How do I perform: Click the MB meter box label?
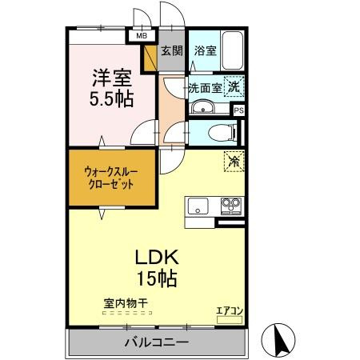point(142,36)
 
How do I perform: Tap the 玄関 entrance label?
point(172,50)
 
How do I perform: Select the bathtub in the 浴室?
point(233,50)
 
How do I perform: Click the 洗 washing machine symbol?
point(234,86)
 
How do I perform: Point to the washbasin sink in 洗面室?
point(203,108)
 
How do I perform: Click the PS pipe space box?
point(239,110)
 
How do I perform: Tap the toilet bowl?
point(222,133)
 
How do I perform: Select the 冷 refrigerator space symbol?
point(234,161)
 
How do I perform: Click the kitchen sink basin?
point(198,206)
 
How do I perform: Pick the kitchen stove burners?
point(231,206)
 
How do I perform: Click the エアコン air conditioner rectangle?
point(230,320)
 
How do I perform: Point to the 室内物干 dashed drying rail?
point(127,313)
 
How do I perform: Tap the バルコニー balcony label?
point(157,342)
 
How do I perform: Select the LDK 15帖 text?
point(157,268)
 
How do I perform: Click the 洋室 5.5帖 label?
point(112,88)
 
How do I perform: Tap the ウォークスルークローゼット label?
point(111,178)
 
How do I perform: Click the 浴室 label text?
point(205,50)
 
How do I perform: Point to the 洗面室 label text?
point(206,88)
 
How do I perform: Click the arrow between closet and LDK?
point(102,214)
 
